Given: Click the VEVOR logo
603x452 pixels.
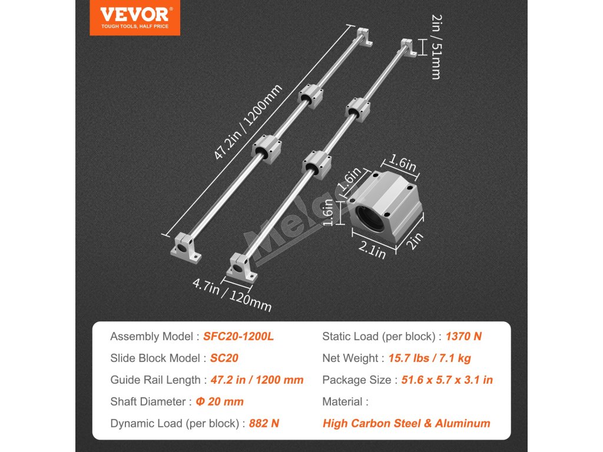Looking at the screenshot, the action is click(135, 18).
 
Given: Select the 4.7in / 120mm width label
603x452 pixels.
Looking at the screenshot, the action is click(232, 297).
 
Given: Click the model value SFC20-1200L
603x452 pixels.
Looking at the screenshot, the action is click(238, 337).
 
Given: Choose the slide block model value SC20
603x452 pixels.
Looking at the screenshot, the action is click(224, 358).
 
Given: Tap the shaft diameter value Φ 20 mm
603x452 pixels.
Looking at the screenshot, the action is click(220, 401).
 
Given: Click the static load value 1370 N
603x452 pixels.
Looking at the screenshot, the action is click(464, 337).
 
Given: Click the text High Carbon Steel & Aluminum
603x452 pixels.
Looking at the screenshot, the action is click(406, 423).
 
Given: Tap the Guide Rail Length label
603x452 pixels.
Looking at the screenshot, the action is click(155, 380).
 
